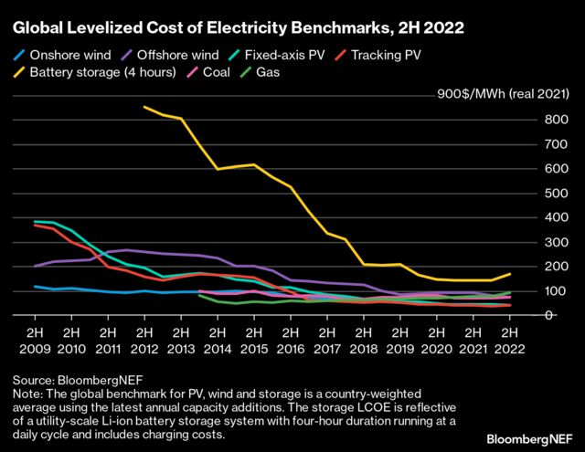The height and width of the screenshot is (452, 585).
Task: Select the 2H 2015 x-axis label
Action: pyautogui.click(x=254, y=341)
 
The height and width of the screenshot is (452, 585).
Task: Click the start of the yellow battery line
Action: pyautogui.click(x=144, y=107)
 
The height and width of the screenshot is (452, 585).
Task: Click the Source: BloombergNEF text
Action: pyautogui.click(x=69, y=378)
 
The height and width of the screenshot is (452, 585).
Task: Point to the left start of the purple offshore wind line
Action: pyautogui.click(x=36, y=266)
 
